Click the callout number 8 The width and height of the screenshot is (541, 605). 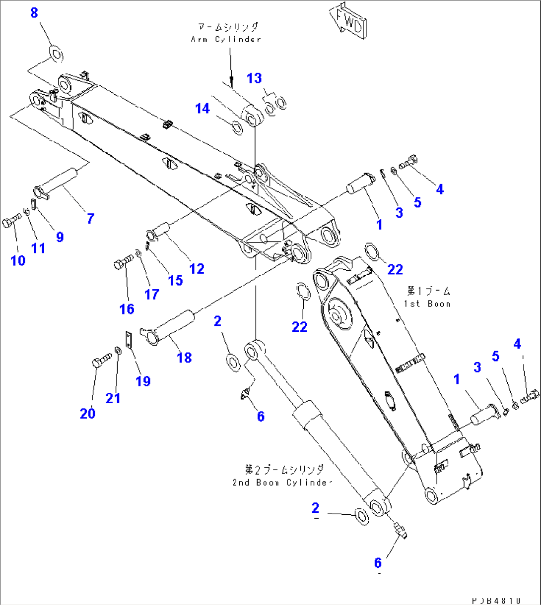pos(34,13)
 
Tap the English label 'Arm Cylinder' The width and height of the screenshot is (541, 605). pos(226,39)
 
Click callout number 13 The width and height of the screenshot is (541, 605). pos(254,78)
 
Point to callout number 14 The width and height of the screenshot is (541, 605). pos(203,108)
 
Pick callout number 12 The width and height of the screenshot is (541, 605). pos(197,268)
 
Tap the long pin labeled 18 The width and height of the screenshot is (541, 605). pos(168,326)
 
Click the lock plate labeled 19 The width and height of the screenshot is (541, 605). pos(129,340)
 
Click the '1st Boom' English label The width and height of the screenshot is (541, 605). pos(427,303)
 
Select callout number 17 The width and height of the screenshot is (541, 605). pos(152,294)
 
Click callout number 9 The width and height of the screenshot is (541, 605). pos(60,237)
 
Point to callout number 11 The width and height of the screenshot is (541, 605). pos(38,247)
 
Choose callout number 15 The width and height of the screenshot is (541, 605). pos(175,280)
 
